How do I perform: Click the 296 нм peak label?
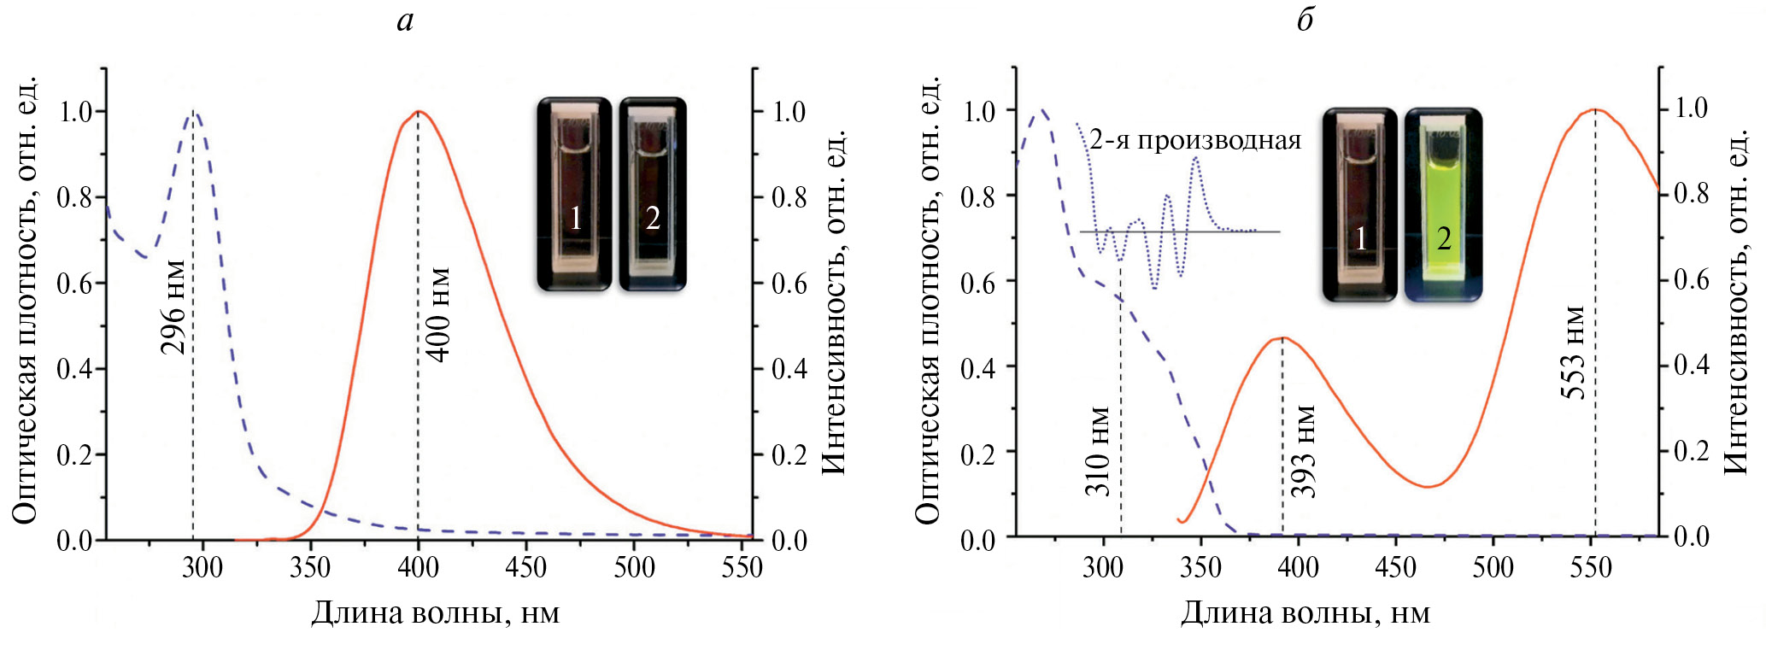tap(173, 307)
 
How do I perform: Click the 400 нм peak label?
tap(438, 313)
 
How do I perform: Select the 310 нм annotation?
tap(1099, 451)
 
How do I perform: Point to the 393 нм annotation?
tap(1303, 451)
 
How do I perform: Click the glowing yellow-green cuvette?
tap(1443, 205)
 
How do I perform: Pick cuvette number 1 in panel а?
tap(575, 195)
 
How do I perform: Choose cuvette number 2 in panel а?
tap(652, 195)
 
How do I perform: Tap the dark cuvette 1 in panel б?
tap(1360, 205)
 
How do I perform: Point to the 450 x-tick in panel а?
tap(525, 567)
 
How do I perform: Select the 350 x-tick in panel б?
tap(1200, 567)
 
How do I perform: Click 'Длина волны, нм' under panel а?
tap(435, 613)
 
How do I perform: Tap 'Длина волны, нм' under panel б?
tap(1305, 613)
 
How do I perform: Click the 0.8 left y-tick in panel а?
tap(74, 197)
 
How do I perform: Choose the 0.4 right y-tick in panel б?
tap(1691, 365)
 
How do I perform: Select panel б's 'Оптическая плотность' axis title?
tap(928, 299)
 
